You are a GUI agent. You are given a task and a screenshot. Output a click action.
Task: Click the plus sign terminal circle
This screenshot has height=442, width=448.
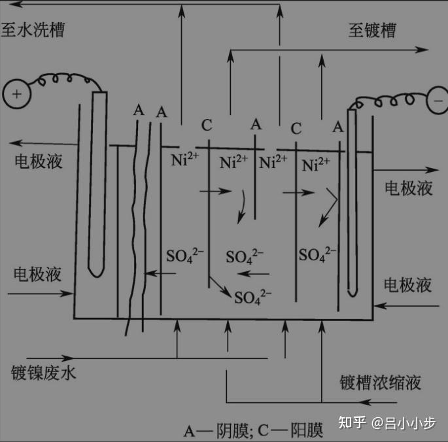[17, 93]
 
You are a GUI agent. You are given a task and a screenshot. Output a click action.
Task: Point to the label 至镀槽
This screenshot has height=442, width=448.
[371, 30]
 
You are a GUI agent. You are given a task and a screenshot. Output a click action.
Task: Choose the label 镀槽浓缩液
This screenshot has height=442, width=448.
[380, 382]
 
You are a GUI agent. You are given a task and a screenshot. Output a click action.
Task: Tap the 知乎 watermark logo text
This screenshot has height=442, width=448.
[352, 422]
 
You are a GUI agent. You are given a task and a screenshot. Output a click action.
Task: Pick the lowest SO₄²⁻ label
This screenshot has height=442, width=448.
[252, 297]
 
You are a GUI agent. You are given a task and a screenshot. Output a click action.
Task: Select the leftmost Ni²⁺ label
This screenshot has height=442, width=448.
[185, 159]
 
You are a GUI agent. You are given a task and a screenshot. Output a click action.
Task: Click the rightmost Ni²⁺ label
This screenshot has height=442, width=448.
[316, 163]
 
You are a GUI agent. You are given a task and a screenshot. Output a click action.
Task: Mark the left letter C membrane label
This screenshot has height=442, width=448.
[207, 126]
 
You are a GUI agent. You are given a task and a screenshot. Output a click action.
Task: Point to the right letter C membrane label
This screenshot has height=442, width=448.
[296, 128]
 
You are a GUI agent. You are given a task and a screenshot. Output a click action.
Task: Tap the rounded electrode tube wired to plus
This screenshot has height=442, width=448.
[98, 183]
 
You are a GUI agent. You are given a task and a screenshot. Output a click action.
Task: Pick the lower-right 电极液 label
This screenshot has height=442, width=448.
[407, 284]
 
